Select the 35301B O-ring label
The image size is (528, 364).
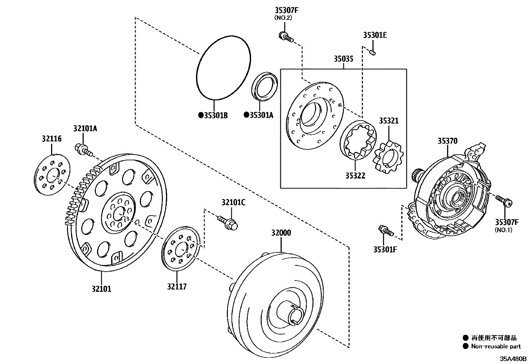[x=215, y=115]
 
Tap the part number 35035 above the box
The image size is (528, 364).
[x=343, y=59]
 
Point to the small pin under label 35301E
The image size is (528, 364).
[x=372, y=53]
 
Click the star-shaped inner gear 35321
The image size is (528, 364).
[x=388, y=157]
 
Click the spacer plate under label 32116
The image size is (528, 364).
[x=52, y=173]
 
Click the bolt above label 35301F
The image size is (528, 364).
[x=386, y=231]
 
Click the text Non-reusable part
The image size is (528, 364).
[x=496, y=346]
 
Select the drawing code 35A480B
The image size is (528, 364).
[x=513, y=359]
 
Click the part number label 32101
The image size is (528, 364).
[x=101, y=289]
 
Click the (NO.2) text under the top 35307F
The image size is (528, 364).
[x=283, y=18]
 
